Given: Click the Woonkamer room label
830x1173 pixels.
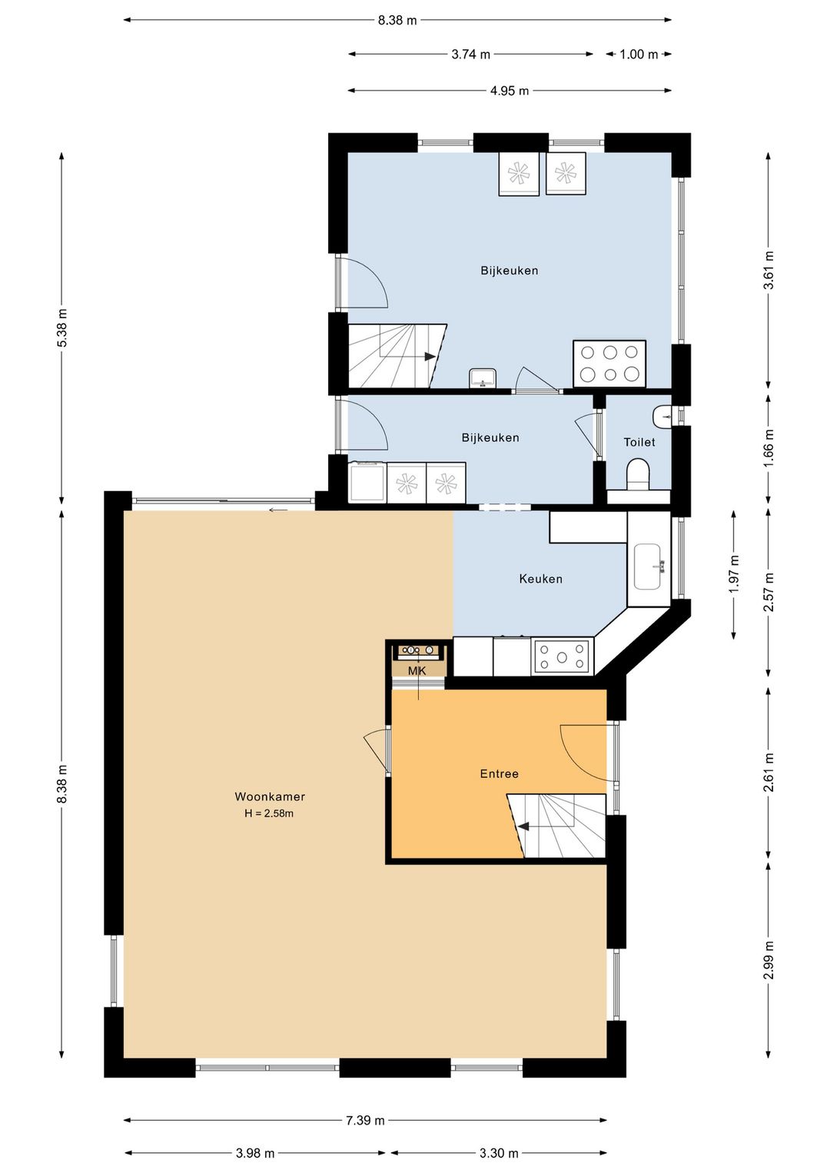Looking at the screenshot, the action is [x=270, y=796].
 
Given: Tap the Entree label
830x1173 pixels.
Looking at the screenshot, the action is [x=499, y=773].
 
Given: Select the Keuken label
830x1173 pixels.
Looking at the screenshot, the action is [x=540, y=579].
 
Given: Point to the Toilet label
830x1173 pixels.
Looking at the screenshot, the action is [x=639, y=442].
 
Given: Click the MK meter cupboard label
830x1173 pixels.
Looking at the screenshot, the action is [x=417, y=671].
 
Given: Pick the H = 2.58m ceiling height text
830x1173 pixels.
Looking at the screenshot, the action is [x=269, y=813].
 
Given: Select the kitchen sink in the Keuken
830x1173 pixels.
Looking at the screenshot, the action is [x=649, y=567].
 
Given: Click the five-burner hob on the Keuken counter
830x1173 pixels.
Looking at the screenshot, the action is [x=562, y=656].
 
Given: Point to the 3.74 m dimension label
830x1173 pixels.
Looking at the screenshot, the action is [x=471, y=54].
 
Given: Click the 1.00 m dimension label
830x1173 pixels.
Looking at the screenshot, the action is [x=639, y=54].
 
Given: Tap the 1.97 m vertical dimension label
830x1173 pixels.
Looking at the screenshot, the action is [x=734, y=574].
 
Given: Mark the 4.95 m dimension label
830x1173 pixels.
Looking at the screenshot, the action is [x=510, y=91].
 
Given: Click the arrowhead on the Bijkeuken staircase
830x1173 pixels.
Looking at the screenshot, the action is [x=430, y=357].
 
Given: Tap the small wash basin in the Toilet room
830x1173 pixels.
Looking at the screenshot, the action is [x=662, y=417].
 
